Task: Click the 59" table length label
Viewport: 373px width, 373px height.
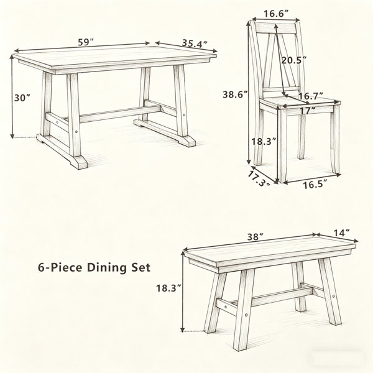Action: click(x=86, y=42)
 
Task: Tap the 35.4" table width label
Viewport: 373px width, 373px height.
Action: click(x=195, y=43)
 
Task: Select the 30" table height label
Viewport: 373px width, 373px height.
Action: click(x=22, y=98)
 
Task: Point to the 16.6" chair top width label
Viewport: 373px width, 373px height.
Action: click(x=276, y=14)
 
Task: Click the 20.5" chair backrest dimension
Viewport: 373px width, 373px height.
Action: click(x=294, y=60)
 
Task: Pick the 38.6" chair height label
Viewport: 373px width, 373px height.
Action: click(x=236, y=94)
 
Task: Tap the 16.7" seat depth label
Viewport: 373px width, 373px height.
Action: click(x=311, y=96)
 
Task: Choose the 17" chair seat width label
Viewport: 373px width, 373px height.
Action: click(x=308, y=111)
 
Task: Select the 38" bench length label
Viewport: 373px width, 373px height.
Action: click(x=256, y=237)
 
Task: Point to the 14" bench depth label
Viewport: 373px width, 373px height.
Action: click(x=341, y=233)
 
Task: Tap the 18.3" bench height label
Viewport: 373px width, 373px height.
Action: click(x=169, y=288)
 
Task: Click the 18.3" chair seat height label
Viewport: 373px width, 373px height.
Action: click(x=264, y=142)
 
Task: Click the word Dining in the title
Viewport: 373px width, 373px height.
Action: click(x=107, y=268)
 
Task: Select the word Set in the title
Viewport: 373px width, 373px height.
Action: click(x=141, y=267)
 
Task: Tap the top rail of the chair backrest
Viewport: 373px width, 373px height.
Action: click(x=276, y=28)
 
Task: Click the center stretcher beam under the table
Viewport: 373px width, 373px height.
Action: click(x=119, y=114)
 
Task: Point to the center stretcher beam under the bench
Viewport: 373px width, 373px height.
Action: click(x=282, y=297)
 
